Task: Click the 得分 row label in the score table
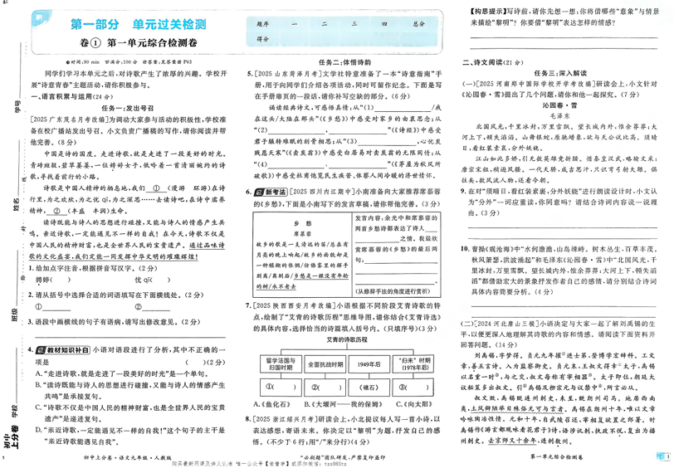(x=265, y=38)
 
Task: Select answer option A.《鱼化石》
(x=271, y=404)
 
